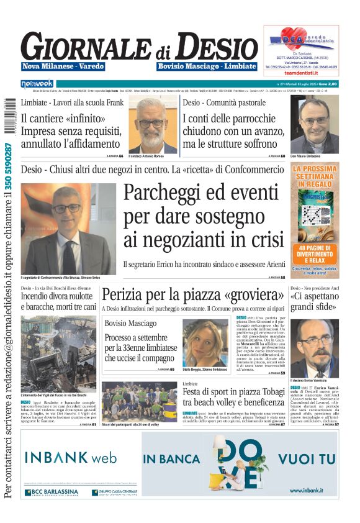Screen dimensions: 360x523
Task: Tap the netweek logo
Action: (37, 84)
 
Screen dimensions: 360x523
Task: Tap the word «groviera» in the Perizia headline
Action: (248, 294)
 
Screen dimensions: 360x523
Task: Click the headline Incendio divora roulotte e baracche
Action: (58, 302)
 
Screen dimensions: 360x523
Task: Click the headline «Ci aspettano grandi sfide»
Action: (315, 302)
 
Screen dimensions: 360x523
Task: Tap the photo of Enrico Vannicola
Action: (315, 348)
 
